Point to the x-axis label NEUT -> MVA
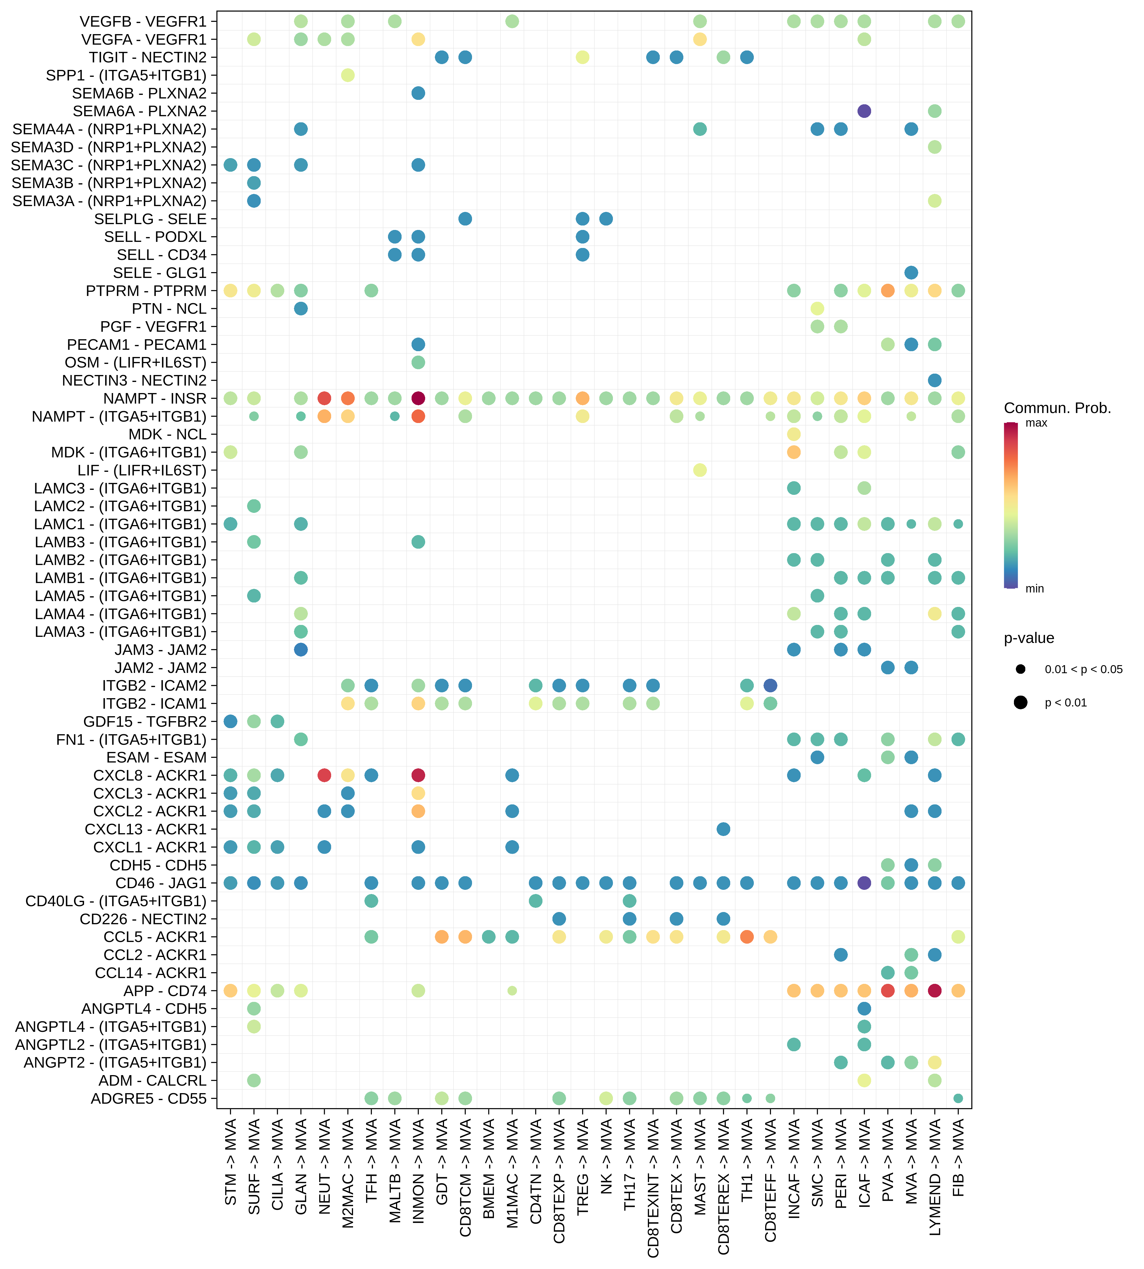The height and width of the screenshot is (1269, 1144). (x=324, y=1170)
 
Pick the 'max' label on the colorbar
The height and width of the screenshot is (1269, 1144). (x=1036, y=423)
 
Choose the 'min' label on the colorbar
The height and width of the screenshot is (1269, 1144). (x=1035, y=589)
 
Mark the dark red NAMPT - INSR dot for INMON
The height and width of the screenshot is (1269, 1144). (x=418, y=398)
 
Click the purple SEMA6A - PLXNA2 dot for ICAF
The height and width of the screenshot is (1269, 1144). (x=864, y=111)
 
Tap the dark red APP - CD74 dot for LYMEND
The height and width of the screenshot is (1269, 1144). (x=935, y=991)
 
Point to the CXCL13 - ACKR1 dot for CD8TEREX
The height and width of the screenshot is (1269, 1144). (x=724, y=829)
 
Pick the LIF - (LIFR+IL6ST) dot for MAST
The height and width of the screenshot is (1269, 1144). (x=700, y=470)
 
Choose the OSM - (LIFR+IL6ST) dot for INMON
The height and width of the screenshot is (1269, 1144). (x=418, y=363)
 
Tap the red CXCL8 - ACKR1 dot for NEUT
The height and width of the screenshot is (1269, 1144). (x=324, y=775)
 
